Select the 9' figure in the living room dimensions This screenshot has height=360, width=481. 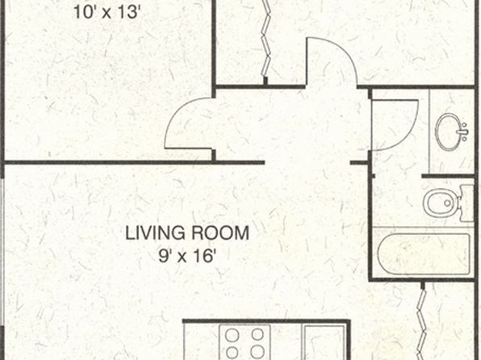click(x=165, y=255)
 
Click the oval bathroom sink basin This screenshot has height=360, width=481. click(x=449, y=132)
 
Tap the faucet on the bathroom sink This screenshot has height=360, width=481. click(x=463, y=132)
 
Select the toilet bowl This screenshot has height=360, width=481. click(x=441, y=203)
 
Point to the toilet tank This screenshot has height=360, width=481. click(x=467, y=203)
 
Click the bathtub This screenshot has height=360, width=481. click(x=424, y=254)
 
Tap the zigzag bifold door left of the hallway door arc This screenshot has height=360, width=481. click(x=266, y=39)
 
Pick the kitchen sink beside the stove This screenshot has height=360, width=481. click(x=324, y=343)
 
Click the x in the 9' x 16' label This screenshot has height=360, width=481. click(x=182, y=257)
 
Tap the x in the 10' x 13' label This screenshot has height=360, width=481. click(x=107, y=14)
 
